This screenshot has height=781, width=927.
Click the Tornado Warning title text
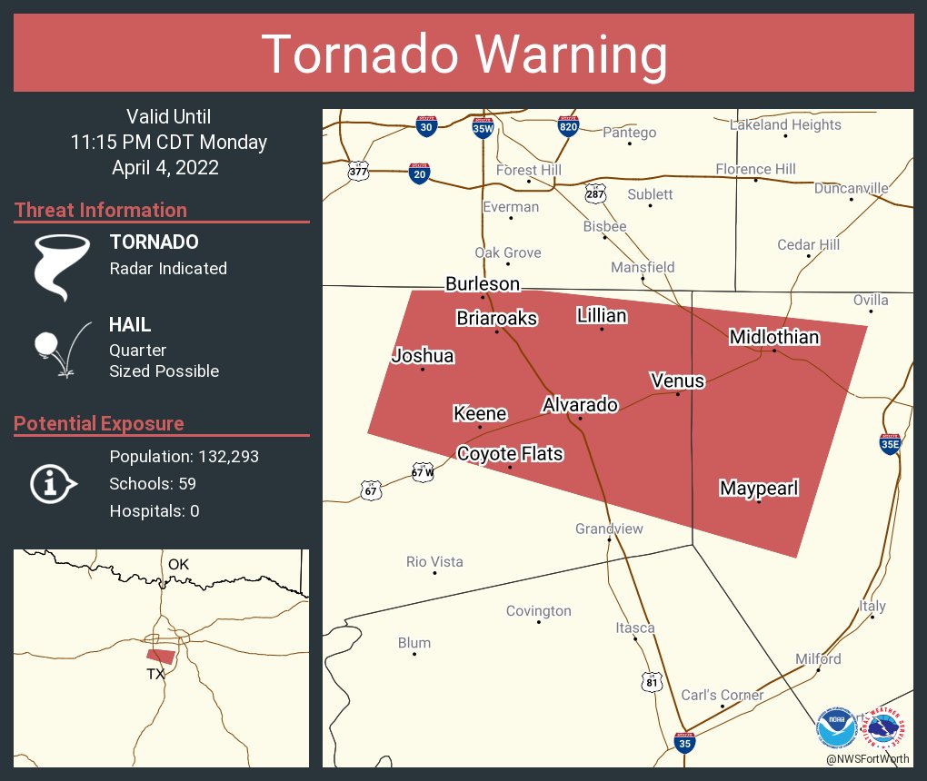pos(463,54)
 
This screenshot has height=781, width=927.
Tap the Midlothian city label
pos(774,338)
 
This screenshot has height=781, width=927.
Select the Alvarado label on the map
pos(580,405)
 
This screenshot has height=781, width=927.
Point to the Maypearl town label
pos(759,489)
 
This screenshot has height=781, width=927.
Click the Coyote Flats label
pos(510,453)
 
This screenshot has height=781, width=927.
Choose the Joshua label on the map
pos(422,356)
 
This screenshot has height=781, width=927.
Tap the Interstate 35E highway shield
pos(890,442)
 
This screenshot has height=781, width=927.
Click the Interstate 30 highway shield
pos(426,127)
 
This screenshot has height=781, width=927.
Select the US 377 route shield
pos(358,170)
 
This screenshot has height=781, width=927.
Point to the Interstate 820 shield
pos(568,127)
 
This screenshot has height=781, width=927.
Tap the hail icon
pos(59,349)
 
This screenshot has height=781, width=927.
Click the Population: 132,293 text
pos(184,456)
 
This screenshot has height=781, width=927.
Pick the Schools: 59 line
pos(153,483)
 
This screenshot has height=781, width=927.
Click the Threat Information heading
pos(101,210)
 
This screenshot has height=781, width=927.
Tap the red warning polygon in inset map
pos(161,655)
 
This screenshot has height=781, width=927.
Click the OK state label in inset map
pos(178,564)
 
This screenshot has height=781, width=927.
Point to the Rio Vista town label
pos(434,562)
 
